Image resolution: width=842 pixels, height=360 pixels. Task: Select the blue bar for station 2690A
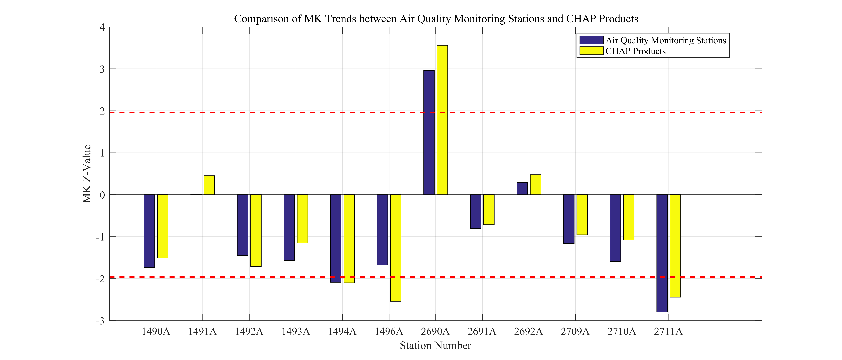(x=429, y=133)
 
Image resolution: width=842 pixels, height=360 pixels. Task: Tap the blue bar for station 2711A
(x=662, y=253)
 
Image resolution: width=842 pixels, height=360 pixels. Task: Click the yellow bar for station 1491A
(x=209, y=185)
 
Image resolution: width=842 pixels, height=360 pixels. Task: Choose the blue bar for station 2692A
(x=522, y=188)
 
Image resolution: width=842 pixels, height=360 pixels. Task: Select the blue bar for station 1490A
(x=149, y=231)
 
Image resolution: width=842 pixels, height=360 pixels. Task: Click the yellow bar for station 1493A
(x=302, y=219)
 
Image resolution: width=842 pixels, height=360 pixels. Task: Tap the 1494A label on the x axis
(x=342, y=332)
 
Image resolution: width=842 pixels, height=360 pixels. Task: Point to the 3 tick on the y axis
(x=102, y=69)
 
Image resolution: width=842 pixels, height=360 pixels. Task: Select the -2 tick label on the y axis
(x=100, y=279)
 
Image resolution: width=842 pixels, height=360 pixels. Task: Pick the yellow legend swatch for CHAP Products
(x=591, y=51)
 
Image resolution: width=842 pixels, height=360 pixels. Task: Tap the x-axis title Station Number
(x=435, y=346)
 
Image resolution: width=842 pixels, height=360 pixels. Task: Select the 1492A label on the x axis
(x=249, y=332)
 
